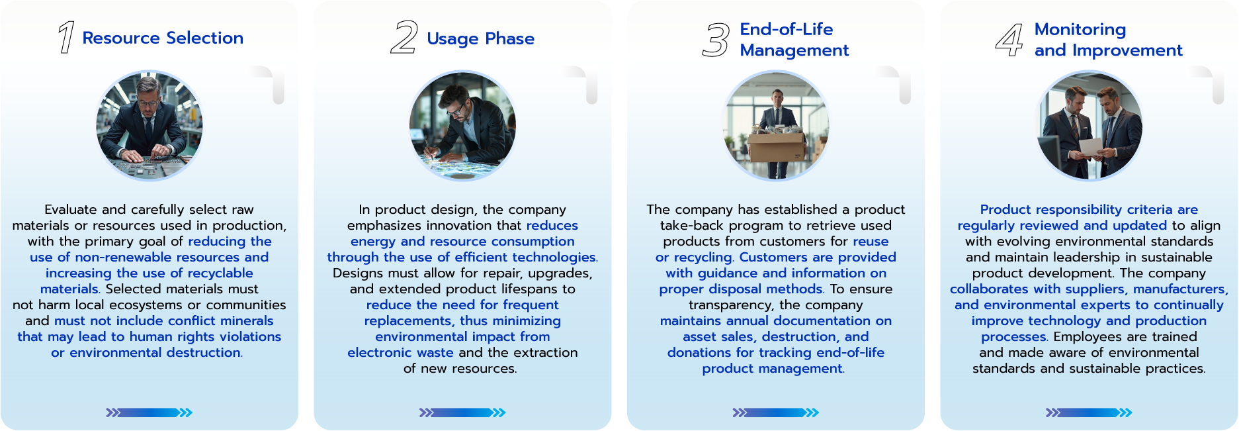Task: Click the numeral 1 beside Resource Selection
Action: click(x=66, y=37)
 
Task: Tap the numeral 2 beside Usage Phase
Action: click(x=404, y=37)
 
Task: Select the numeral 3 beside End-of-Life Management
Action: click(x=716, y=40)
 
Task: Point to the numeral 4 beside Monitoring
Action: click(x=1009, y=40)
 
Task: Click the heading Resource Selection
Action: click(x=163, y=38)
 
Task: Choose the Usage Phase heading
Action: click(x=481, y=38)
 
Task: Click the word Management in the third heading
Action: click(x=794, y=50)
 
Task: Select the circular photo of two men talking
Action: click(x=1089, y=125)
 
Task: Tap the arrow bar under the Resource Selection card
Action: click(x=150, y=412)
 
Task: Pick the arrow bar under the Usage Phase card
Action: click(x=462, y=412)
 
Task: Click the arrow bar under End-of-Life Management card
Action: click(x=776, y=412)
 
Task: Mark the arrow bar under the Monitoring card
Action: click(x=1089, y=412)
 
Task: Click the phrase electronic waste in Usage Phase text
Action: click(x=400, y=353)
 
